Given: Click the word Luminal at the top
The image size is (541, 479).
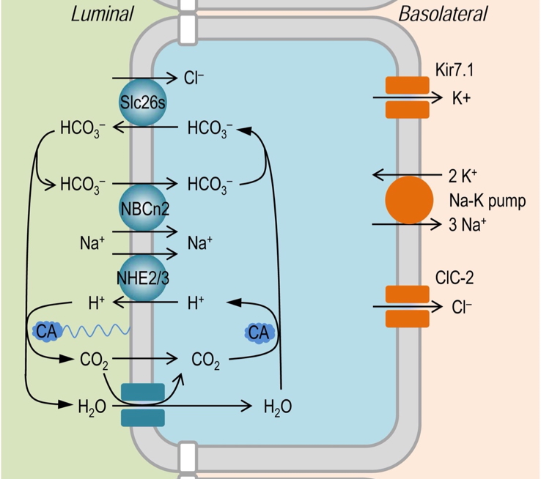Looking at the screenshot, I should point(102,14).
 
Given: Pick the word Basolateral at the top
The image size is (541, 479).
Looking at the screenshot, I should point(443,14).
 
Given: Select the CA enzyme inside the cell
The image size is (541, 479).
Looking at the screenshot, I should point(259,333).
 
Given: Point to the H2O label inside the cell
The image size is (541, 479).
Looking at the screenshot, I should point(277,406).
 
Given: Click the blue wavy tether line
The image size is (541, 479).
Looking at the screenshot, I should point(95,332).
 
